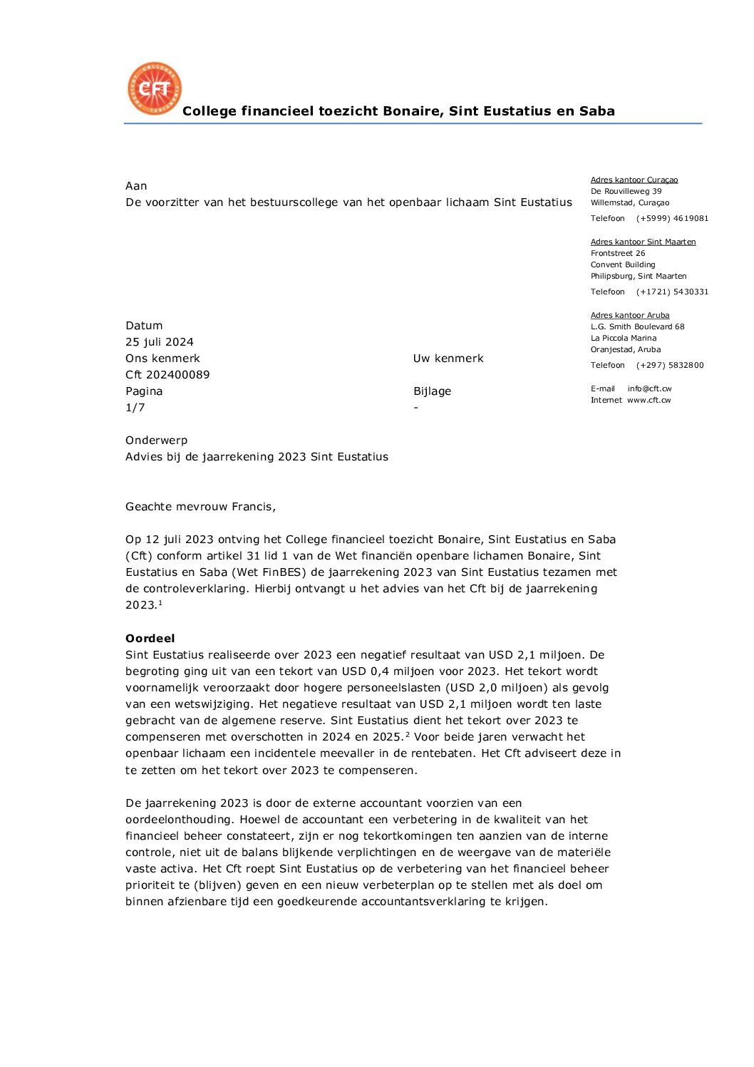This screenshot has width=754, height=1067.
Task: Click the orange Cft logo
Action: (155, 89)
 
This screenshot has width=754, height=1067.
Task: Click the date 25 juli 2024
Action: (160, 342)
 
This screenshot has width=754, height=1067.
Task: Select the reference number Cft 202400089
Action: (167, 375)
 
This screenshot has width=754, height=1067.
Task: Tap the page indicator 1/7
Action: (135, 408)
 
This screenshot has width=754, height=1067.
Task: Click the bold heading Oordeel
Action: (150, 639)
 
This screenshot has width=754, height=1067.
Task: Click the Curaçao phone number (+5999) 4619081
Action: (672, 219)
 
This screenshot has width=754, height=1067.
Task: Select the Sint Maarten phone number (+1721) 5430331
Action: (672, 292)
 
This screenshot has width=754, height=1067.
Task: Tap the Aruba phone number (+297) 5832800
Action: (670, 366)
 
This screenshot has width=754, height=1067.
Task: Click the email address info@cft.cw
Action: (649, 389)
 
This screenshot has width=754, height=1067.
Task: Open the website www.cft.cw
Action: (649, 401)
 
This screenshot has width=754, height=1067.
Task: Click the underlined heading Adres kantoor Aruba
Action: (630, 316)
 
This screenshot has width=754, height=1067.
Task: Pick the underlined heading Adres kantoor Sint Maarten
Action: (643, 242)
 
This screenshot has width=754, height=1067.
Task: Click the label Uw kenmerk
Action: (448, 359)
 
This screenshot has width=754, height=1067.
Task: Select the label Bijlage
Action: (432, 391)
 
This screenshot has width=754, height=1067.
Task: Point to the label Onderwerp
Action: (157, 440)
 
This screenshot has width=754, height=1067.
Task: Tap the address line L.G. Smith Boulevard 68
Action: (637, 327)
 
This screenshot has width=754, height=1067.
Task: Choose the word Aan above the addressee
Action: (136, 186)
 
